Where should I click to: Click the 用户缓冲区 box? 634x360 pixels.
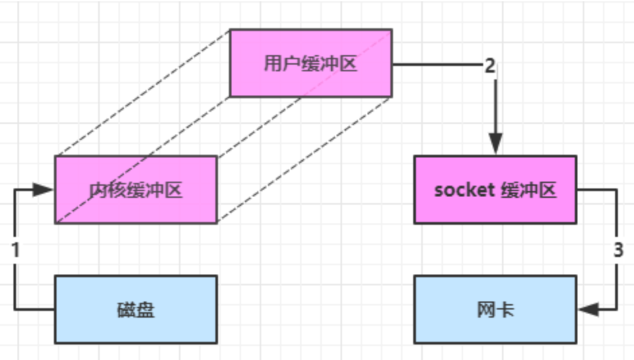tap(310, 63)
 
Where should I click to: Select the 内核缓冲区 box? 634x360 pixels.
tap(135, 190)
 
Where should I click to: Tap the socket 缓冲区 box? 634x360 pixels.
tap(495, 190)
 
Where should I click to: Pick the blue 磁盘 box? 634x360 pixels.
tap(135, 309)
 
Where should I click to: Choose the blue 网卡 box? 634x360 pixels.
tap(495, 309)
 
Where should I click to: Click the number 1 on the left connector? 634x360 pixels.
tap(16, 250)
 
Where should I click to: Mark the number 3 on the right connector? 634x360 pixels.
tap(618, 250)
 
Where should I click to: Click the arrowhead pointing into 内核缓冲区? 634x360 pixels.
tap(44, 190)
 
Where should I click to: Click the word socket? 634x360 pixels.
tap(463, 190)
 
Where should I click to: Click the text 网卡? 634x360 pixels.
tap(495, 310)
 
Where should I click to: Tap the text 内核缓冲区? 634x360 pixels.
tap(135, 190)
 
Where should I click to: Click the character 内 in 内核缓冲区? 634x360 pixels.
tap(98, 190)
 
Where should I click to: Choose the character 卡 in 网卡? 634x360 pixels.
tap(505, 310)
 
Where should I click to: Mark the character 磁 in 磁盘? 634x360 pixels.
tap(126, 310)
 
